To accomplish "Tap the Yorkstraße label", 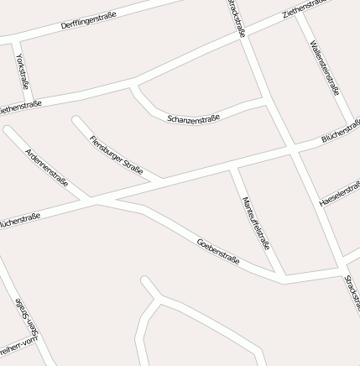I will click(22, 71).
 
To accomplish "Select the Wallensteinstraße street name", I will click(325, 68).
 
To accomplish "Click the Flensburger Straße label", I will click(116, 153).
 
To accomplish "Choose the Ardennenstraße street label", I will click(46, 167).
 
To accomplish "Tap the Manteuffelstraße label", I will click(255, 222).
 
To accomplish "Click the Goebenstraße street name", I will click(218, 251).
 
